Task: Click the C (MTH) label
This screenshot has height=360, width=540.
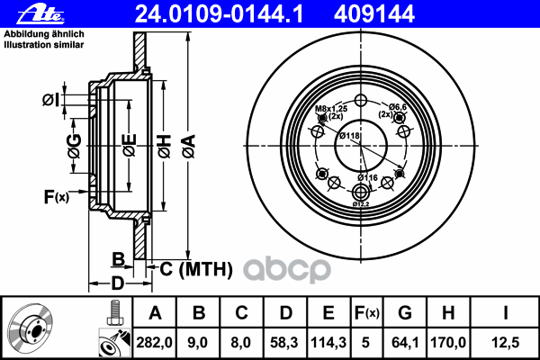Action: tap(195, 267)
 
